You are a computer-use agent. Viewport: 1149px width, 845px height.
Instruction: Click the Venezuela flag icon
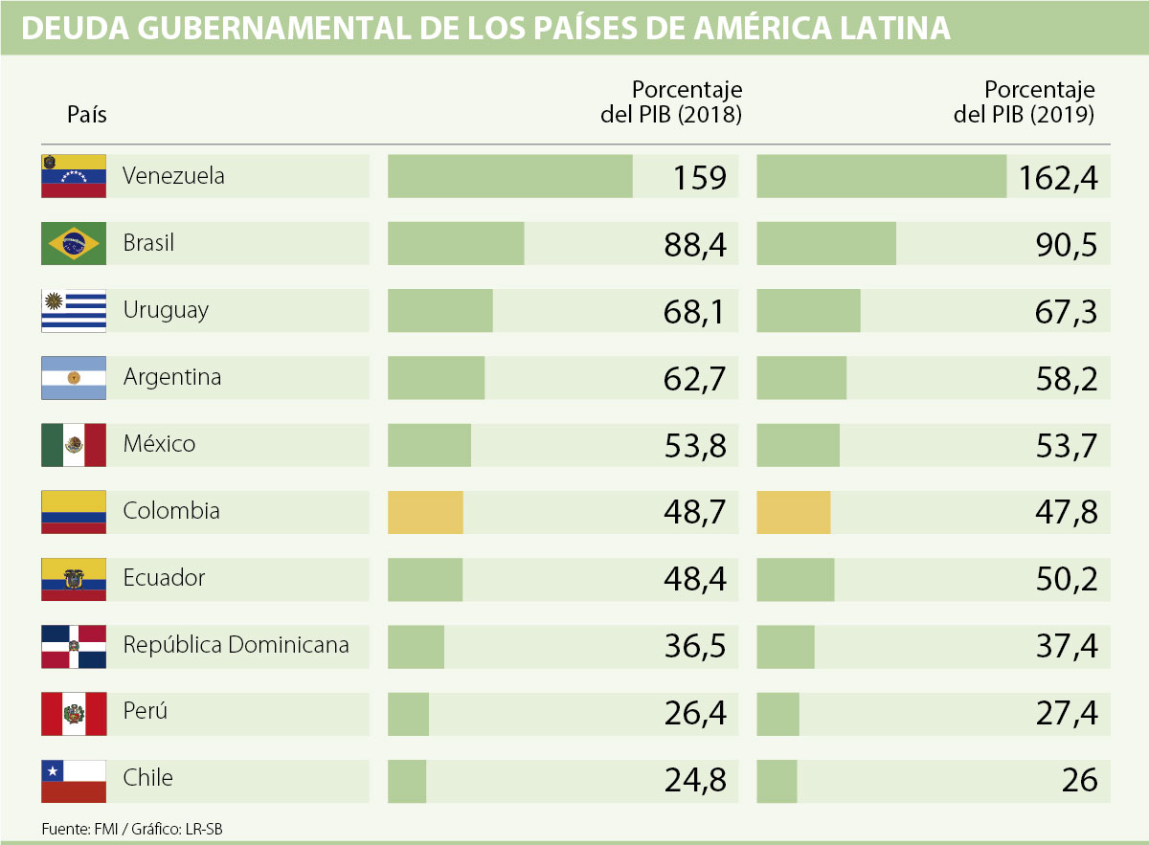(74, 176)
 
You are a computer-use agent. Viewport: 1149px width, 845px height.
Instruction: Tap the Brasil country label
(148, 243)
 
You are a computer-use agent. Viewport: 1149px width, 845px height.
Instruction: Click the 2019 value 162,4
(1058, 177)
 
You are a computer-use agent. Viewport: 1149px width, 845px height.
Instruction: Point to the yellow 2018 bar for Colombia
(425, 512)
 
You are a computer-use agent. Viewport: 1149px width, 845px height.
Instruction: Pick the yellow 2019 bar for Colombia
(793, 512)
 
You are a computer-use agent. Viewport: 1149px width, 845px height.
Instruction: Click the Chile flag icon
(74, 781)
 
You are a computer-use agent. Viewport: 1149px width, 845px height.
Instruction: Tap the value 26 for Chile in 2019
(1079, 781)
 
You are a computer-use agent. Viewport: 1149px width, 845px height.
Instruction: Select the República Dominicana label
(236, 645)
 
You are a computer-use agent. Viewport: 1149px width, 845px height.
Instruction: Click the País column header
(87, 115)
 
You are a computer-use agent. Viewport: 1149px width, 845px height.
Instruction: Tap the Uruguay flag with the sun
(74, 311)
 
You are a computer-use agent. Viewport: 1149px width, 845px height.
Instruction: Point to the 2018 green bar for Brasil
(456, 244)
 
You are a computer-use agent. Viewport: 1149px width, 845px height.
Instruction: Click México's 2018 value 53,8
(695, 446)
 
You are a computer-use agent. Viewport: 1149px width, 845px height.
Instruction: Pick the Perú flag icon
(74, 714)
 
